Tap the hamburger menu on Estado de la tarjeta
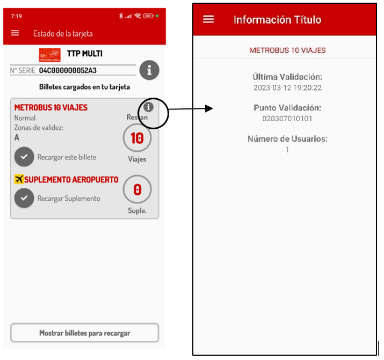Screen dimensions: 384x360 click(x=15, y=33)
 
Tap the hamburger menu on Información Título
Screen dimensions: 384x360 click(x=208, y=19)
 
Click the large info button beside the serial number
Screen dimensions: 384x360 click(x=149, y=70)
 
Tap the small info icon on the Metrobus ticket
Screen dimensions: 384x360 click(x=148, y=107)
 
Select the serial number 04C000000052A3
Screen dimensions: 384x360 click(x=68, y=70)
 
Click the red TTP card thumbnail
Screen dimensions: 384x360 click(x=50, y=55)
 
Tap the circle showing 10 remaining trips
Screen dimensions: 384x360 click(x=137, y=138)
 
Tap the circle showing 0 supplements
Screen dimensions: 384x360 click(x=137, y=189)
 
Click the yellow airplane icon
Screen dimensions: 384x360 click(x=19, y=179)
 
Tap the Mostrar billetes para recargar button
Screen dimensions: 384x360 click(x=85, y=333)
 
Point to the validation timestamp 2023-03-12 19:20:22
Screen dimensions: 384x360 click(x=287, y=88)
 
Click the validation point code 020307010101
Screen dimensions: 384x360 click(x=287, y=119)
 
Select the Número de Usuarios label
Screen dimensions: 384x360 click(x=287, y=139)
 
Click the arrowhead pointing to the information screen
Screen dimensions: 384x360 click(x=209, y=108)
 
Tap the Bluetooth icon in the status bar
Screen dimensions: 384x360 click(x=121, y=16)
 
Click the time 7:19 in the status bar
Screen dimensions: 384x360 click(x=17, y=16)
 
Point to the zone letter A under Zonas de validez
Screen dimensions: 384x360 click(x=17, y=137)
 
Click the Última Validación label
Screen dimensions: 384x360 click(x=287, y=77)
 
